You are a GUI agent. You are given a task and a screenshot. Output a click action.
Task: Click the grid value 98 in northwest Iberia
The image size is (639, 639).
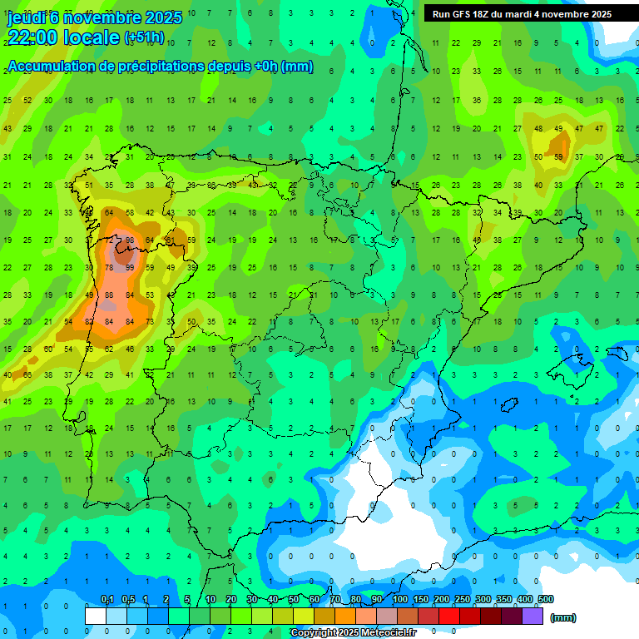coord(130,240)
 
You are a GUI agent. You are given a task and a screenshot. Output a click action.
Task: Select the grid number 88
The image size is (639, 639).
coord(110,295)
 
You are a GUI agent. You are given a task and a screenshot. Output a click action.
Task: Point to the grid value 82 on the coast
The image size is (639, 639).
coord(89,321)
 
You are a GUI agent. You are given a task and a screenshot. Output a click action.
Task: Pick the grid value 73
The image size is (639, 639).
coord(150,321)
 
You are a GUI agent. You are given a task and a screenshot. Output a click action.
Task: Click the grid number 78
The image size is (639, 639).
coord(110,267)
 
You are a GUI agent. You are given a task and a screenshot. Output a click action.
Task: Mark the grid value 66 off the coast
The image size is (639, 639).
coord(27,375)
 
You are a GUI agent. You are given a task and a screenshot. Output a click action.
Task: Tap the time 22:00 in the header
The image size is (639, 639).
coord(32,37)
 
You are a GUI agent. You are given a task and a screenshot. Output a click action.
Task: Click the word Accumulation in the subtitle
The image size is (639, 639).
coord(57,67)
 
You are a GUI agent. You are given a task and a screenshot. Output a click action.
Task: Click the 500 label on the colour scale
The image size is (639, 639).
coord(545,599)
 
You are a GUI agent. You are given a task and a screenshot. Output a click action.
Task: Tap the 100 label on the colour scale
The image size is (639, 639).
coord(399,599)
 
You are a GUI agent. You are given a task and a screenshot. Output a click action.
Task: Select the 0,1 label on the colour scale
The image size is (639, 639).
coord(106,599)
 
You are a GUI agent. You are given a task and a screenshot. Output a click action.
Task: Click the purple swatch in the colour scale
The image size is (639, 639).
coord(532,616)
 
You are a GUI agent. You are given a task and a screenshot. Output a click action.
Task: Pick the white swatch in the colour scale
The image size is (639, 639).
coord(96,616)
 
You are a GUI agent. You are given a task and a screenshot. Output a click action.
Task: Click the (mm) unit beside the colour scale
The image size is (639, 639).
coord(563,617)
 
